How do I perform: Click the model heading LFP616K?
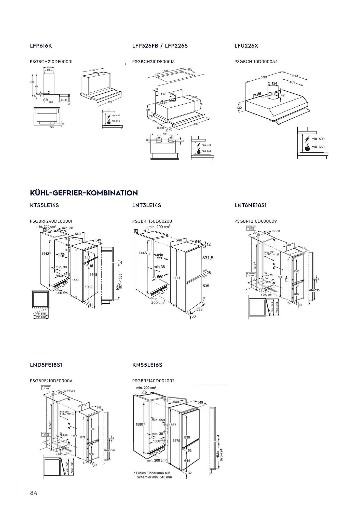[x=41, y=46]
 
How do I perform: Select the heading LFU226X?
[x=246, y=46]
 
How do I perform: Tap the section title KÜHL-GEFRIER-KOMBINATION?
[x=84, y=193]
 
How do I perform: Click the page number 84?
[x=34, y=493]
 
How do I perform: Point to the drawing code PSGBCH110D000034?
[x=256, y=62]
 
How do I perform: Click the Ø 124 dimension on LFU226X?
[x=272, y=83]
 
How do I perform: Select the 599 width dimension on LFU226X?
[x=264, y=77]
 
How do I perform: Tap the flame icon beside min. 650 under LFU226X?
[x=307, y=147]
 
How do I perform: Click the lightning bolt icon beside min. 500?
[x=307, y=139]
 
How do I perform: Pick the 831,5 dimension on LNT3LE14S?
[x=208, y=258]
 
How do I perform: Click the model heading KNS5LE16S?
[x=147, y=365]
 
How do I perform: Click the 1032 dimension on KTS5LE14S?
[x=89, y=287]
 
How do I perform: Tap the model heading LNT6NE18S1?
[x=251, y=205]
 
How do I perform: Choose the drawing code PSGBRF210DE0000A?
[x=51, y=381]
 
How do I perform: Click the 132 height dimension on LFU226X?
[x=239, y=108]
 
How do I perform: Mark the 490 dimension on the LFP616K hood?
[x=93, y=70]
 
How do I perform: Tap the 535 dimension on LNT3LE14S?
[x=206, y=286]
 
